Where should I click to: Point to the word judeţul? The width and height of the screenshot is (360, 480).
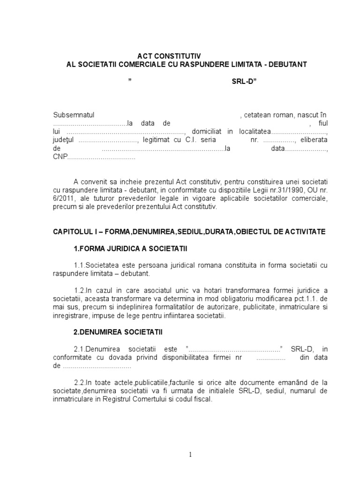[64, 140]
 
